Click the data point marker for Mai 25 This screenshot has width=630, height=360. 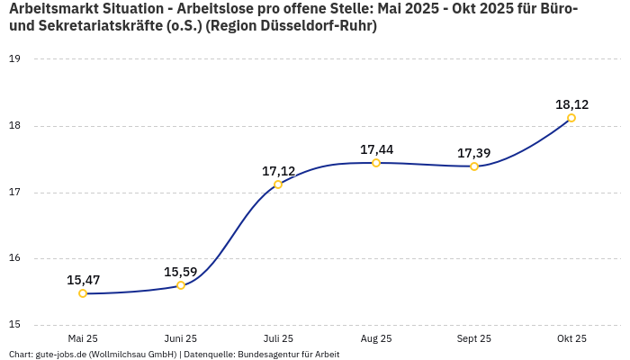coord(83,293)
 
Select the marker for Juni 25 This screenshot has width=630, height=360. coord(181,285)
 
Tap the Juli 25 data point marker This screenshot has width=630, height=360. coord(278,184)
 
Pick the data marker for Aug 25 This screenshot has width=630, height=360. coord(376,163)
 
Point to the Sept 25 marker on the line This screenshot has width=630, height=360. coord(474,166)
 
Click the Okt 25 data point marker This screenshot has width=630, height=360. coord(571,118)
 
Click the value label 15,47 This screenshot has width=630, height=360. coord(83,280)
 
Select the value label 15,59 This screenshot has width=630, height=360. coord(181,272)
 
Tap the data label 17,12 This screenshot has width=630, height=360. coord(278,171)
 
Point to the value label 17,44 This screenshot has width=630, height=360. coord(376,149)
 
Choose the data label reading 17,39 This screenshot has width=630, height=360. coord(474,153)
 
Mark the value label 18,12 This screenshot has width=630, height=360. coord(571,104)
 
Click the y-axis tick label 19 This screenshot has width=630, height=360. coord(14,59)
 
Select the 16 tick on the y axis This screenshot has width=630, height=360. coord(14,258)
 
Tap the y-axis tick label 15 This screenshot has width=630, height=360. coord(14,325)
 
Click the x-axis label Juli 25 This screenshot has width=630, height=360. coord(278,338)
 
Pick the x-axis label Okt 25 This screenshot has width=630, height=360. coord(571,338)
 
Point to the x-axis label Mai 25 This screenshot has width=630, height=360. coord(83,338)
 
